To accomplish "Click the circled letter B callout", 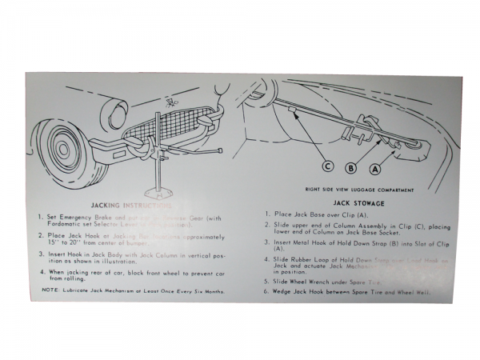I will (350, 168).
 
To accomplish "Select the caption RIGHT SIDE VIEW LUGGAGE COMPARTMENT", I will (359, 190).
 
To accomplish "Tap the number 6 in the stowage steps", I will (266, 293).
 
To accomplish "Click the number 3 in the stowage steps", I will (266, 242).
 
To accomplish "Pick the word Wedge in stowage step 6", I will (285, 293).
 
